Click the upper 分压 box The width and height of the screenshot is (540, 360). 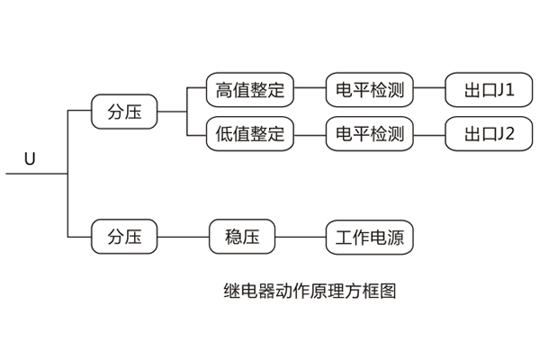(125, 113)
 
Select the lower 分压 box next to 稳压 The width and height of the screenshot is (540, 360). (125, 238)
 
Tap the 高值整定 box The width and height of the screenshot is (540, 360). (250, 90)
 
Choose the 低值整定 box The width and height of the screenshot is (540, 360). (250, 135)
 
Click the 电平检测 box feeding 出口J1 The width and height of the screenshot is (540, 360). (369, 90)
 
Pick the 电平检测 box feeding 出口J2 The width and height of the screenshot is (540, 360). (369, 135)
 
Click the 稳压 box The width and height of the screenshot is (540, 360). (241, 238)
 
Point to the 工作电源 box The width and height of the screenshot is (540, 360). (369, 238)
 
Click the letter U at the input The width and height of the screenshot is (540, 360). (30, 159)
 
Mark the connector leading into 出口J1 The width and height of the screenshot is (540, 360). (429, 90)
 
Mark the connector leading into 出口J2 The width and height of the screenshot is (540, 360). (429, 135)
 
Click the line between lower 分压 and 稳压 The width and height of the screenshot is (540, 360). (184, 238)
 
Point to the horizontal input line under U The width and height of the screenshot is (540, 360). (36, 175)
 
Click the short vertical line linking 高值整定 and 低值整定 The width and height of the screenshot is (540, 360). (186, 112)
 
